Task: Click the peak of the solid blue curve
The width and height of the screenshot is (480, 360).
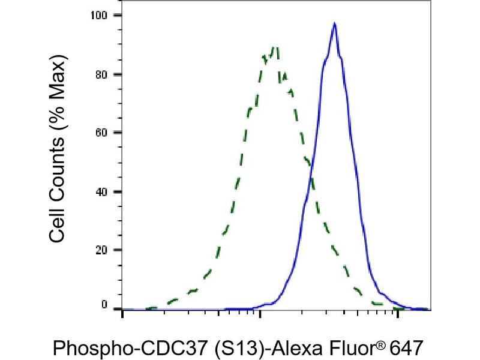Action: pos(334,23)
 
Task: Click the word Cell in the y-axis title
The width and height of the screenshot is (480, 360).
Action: pos(58,224)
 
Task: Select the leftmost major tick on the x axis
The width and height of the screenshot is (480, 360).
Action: pos(122,313)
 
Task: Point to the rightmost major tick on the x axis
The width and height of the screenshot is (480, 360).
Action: pos(396,313)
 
